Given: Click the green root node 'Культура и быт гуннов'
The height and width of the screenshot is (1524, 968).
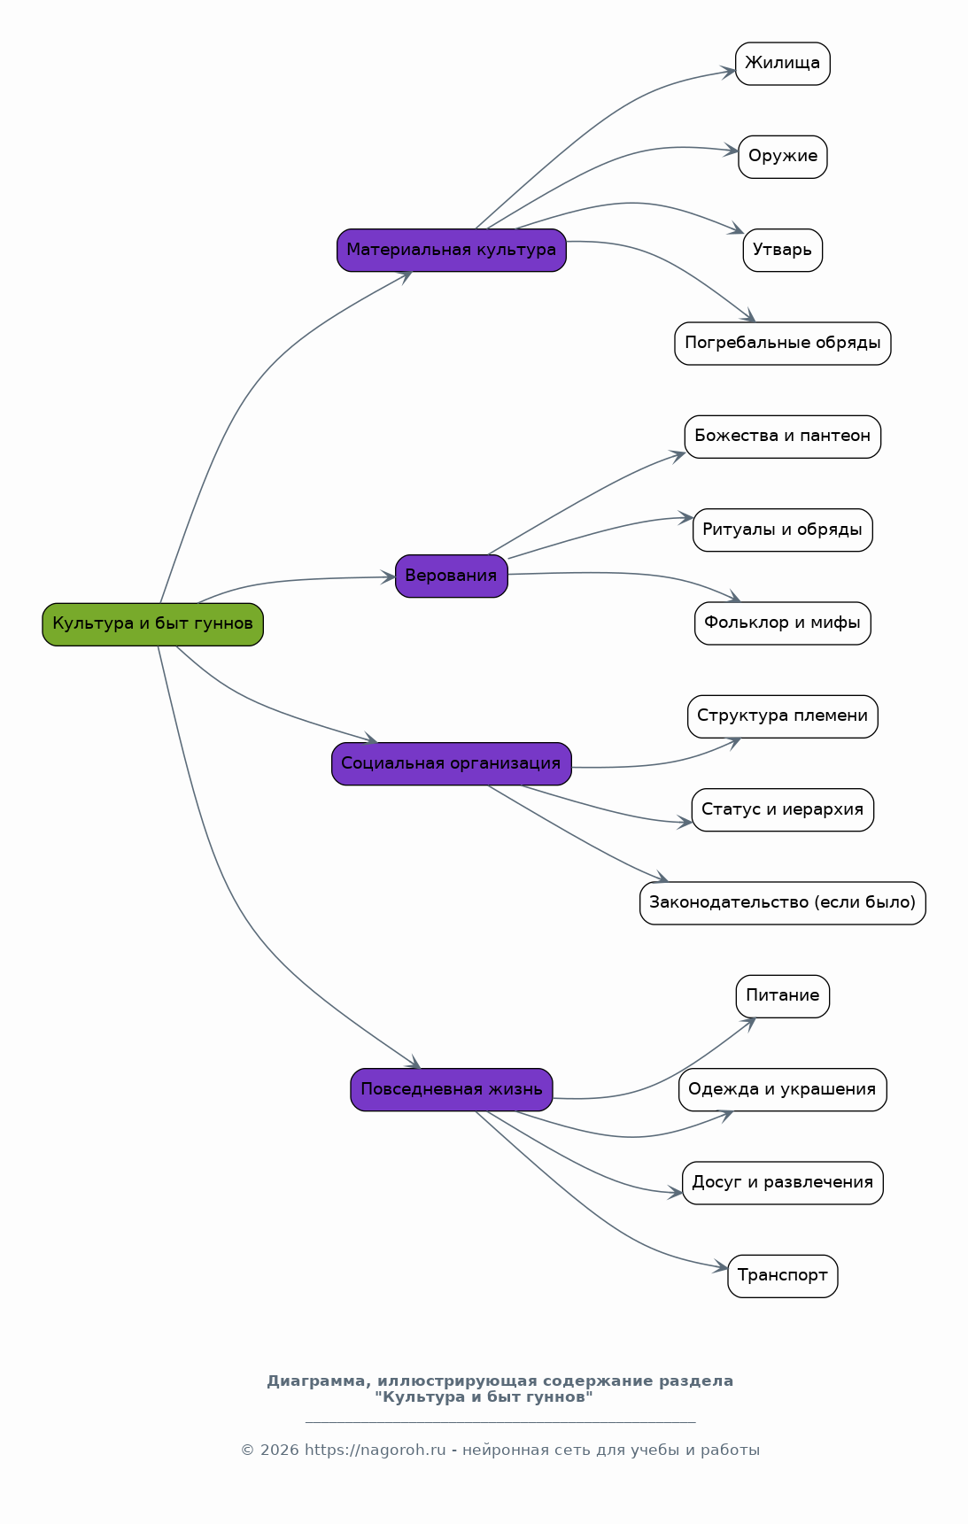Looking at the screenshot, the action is pyautogui.click(x=152, y=624).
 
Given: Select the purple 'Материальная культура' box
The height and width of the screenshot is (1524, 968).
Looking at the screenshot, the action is pyautogui.click(x=451, y=251).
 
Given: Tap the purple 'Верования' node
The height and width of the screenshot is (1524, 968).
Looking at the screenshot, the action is pyautogui.click(x=451, y=576).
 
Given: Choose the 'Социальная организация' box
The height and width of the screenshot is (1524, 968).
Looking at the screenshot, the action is pyautogui.click(x=451, y=764).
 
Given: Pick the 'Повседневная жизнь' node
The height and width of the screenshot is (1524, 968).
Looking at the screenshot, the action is pyautogui.click(x=451, y=1090).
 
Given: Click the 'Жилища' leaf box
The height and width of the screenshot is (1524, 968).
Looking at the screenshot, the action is pyautogui.click(x=782, y=64).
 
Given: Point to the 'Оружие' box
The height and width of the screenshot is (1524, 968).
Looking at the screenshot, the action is pyautogui.click(x=782, y=157).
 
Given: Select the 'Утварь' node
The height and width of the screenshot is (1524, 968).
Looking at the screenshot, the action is pyautogui.click(x=782, y=251).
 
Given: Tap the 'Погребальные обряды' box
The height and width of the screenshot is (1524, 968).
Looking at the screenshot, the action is pyautogui.click(x=782, y=344).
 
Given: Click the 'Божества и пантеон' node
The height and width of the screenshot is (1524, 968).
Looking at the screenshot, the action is pyautogui.click(x=782, y=437).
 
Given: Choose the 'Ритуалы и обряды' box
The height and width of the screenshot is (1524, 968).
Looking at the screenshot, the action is pyautogui.click(x=782, y=530).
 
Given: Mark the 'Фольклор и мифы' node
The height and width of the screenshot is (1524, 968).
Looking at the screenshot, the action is pyautogui.click(x=782, y=623).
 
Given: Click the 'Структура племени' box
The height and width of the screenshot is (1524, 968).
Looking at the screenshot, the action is pyautogui.click(x=782, y=716).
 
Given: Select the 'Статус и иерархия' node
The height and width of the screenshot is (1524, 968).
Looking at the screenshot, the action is pyautogui.click(x=782, y=810).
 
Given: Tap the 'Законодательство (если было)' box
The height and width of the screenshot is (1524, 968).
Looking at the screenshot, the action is pyautogui.click(x=782, y=903).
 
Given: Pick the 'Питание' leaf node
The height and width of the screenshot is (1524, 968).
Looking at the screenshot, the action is pyautogui.click(x=782, y=996).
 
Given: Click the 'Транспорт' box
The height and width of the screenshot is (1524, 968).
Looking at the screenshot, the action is pyautogui.click(x=782, y=1276).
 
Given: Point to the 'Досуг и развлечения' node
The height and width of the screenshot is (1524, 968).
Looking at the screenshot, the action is pyautogui.click(x=782, y=1183).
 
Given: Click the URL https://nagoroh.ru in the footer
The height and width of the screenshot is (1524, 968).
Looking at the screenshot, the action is pyautogui.click(x=376, y=1451).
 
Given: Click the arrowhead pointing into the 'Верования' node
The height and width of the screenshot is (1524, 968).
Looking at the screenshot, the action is pyautogui.click(x=388, y=577).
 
